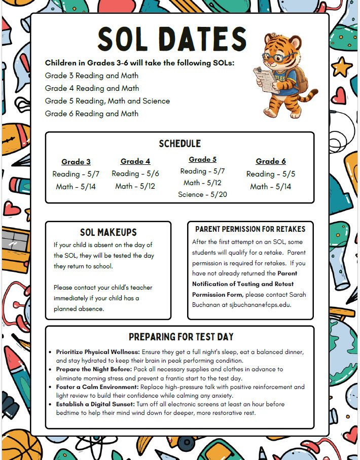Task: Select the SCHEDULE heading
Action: tap(179, 144)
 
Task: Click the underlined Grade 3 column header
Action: tap(76, 162)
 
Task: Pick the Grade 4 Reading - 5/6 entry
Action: tap(135, 173)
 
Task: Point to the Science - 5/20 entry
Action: tap(202, 194)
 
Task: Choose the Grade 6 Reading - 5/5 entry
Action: tap(271, 174)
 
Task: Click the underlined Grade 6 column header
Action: tap(271, 161)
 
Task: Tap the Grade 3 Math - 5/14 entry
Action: tap(76, 187)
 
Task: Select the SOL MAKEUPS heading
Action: tap(109, 232)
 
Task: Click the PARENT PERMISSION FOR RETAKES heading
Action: tap(250, 229)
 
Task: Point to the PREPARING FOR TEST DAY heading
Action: tap(181, 337)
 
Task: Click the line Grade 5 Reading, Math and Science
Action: tap(107, 101)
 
